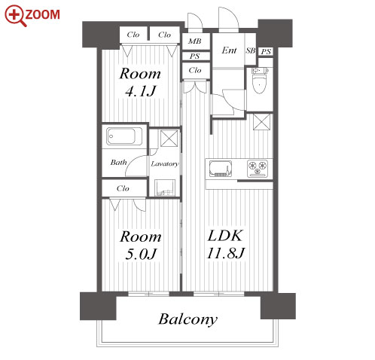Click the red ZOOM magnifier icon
[15, 16]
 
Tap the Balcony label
[187, 319]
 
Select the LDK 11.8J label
[225, 244]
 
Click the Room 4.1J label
[140, 82]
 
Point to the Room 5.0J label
[141, 246]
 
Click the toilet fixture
[260, 80]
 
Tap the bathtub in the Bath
[124, 136]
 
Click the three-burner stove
[258, 168]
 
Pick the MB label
[195, 41]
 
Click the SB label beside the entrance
[250, 50]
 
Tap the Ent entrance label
[229, 50]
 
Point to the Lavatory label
[165, 164]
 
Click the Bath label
[118, 163]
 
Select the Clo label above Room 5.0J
[123, 188]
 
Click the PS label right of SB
[266, 52]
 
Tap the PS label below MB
[195, 56]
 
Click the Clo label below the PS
[195, 70]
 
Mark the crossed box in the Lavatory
[169, 139]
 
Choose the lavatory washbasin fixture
[165, 188]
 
